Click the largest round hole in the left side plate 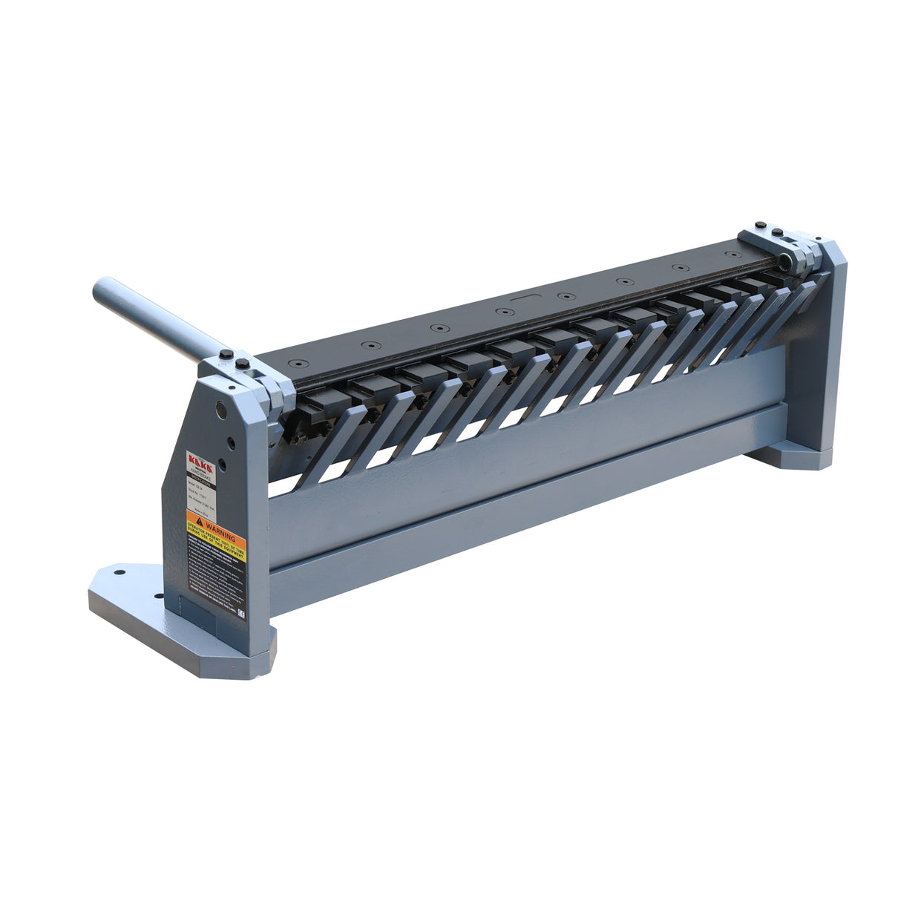222,409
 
